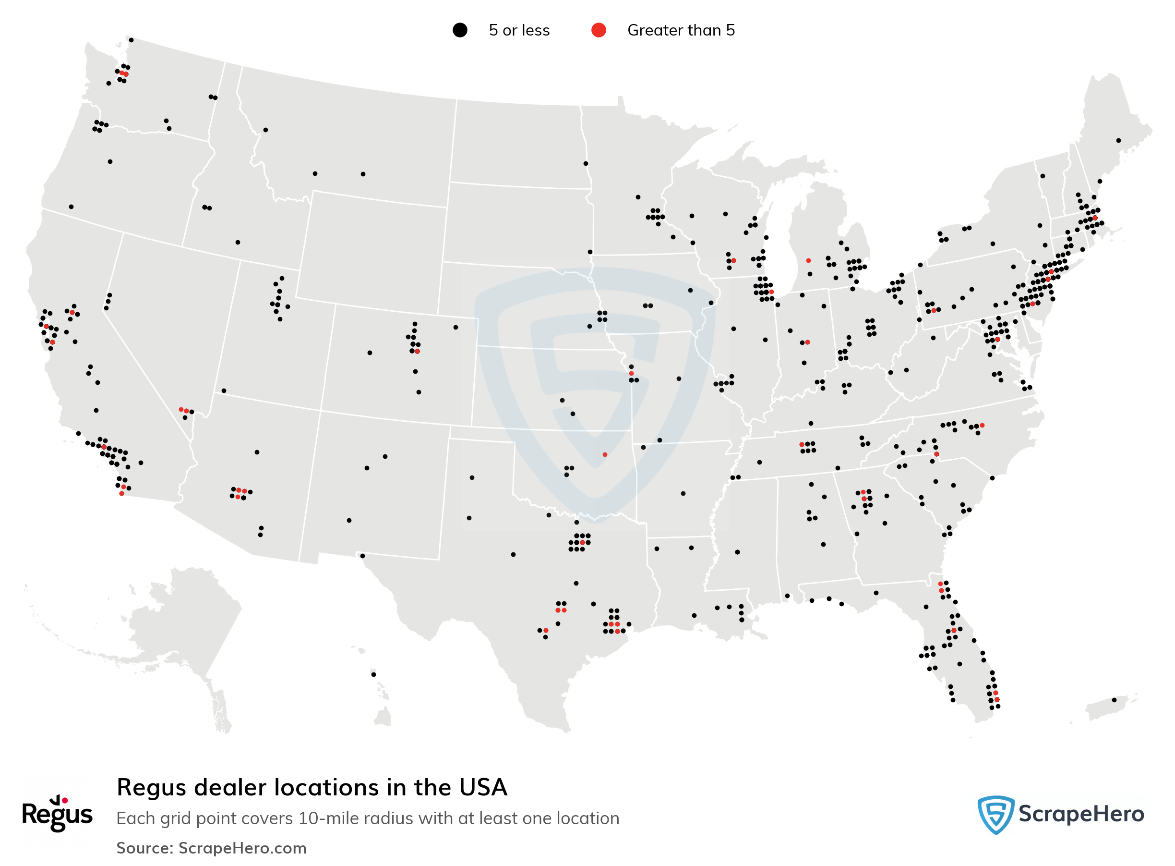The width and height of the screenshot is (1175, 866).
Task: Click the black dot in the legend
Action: click(459, 30)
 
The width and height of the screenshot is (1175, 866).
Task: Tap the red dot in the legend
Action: click(598, 30)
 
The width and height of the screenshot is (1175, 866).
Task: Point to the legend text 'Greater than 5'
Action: click(681, 30)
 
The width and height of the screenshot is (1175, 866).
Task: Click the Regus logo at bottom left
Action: click(57, 813)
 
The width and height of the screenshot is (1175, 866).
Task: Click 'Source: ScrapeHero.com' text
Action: click(211, 848)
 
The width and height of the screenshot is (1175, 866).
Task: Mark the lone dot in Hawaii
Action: click(373, 675)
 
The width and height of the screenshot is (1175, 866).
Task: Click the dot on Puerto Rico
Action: click(1114, 700)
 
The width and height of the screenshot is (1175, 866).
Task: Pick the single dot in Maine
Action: click(1118, 140)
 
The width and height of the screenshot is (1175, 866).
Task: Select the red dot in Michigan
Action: click(808, 260)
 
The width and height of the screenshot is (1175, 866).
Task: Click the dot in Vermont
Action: click(1043, 176)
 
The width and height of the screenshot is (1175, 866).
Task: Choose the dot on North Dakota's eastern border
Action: click(586, 164)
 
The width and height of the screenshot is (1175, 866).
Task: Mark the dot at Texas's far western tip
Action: click(362, 556)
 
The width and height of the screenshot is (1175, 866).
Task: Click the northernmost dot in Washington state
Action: click(131, 40)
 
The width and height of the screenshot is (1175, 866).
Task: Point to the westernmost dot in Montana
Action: click(265, 130)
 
